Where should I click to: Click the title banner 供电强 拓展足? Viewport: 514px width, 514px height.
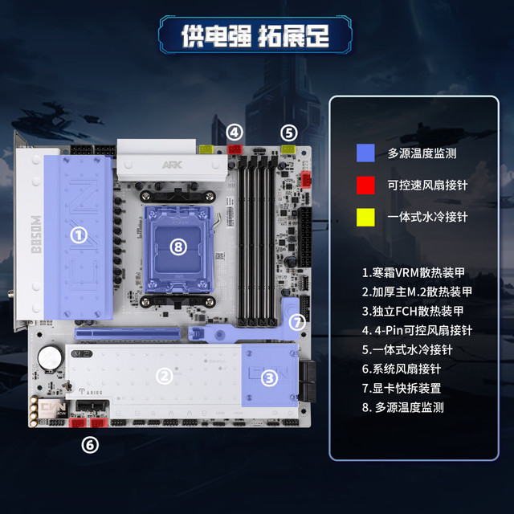(255, 35)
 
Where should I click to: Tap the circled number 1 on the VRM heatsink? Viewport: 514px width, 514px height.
(79, 235)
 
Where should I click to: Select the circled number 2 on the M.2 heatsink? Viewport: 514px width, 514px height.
(164, 376)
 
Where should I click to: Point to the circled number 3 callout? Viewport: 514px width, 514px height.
(270, 378)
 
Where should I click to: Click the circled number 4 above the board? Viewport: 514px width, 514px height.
(235, 133)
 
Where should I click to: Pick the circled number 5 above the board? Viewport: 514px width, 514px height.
(289, 133)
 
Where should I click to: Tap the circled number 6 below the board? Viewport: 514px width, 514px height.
(90, 445)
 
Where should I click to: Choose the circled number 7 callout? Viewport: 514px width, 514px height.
(297, 323)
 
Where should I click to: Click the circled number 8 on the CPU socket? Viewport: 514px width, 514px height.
(178, 247)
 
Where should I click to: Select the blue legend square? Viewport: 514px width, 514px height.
(365, 153)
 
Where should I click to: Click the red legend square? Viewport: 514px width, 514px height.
(365, 186)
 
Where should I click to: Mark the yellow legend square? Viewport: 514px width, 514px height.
(365, 217)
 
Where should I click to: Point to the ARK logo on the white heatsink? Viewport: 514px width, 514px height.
(172, 165)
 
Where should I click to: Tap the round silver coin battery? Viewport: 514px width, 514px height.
(50, 357)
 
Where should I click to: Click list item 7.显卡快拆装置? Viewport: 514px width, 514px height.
(402, 389)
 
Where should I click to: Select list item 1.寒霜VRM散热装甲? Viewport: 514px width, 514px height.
(413, 273)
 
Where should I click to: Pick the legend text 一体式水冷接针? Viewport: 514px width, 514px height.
(427, 217)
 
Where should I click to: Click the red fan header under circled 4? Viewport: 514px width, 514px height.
(235, 149)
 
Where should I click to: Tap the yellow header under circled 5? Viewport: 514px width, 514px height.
(288, 149)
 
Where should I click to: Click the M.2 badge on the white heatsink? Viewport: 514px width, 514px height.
(82, 353)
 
